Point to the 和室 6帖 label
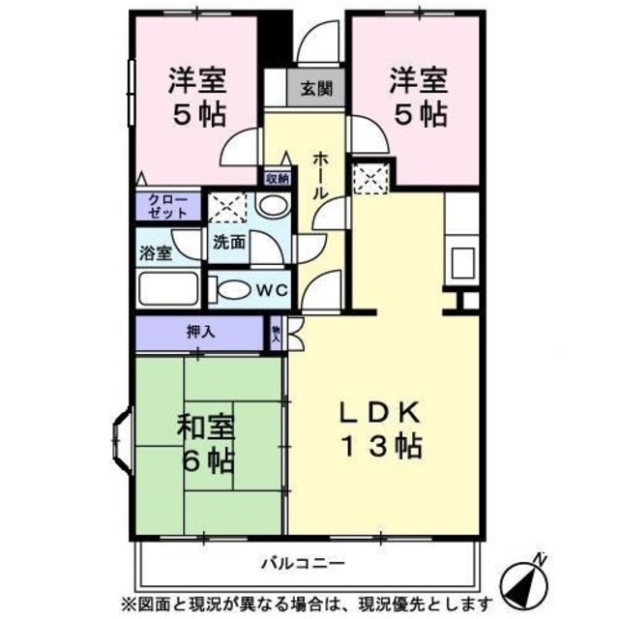205,442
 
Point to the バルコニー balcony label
302,562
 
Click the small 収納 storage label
277,178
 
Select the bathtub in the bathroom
168,288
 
